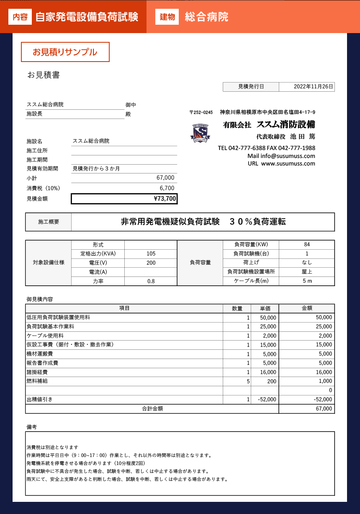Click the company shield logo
201,133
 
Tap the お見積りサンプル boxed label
65,52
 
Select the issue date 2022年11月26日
314,87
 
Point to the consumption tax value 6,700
167,188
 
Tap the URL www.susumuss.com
288,164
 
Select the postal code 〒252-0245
201,112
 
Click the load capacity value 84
307,245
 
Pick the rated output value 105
151,254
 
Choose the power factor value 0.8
151,282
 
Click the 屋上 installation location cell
307,272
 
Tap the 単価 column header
265,308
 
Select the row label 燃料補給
37,381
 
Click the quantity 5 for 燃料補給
248,381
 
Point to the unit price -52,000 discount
267,400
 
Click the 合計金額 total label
152,408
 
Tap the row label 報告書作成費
42,363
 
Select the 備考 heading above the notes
32,427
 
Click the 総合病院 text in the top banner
206,17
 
